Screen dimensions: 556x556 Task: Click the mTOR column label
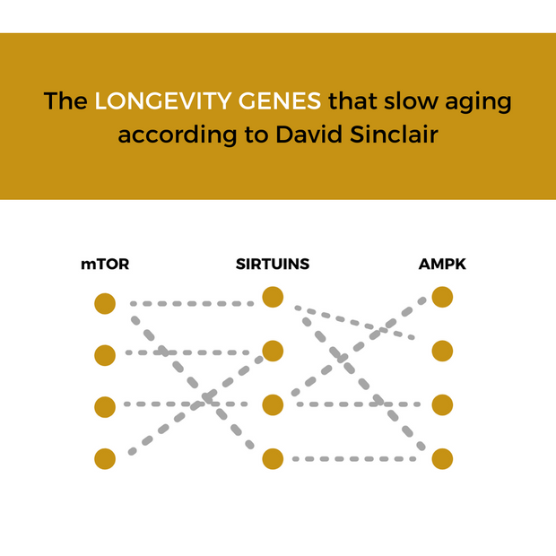tap(104, 265)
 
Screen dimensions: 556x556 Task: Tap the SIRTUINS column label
tap(273, 265)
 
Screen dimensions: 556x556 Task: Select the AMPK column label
tap(442, 265)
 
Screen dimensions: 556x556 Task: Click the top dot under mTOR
tap(105, 304)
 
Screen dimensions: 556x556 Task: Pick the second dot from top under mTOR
tap(105, 355)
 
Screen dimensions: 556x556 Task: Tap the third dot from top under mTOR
tap(105, 406)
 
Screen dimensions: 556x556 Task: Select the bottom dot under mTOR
tap(105, 458)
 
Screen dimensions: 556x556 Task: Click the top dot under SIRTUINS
tap(273, 297)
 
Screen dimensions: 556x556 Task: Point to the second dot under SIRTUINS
tap(273, 351)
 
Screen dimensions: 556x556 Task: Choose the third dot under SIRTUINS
tap(273, 404)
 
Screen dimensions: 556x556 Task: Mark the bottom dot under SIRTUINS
tap(273, 458)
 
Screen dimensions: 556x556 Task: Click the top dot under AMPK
tap(442, 297)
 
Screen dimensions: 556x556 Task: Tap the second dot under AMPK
tap(442, 351)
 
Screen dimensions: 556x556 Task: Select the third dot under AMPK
tap(442, 404)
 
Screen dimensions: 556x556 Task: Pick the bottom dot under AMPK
tap(442, 458)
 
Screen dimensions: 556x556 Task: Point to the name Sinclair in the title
tap(394, 135)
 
